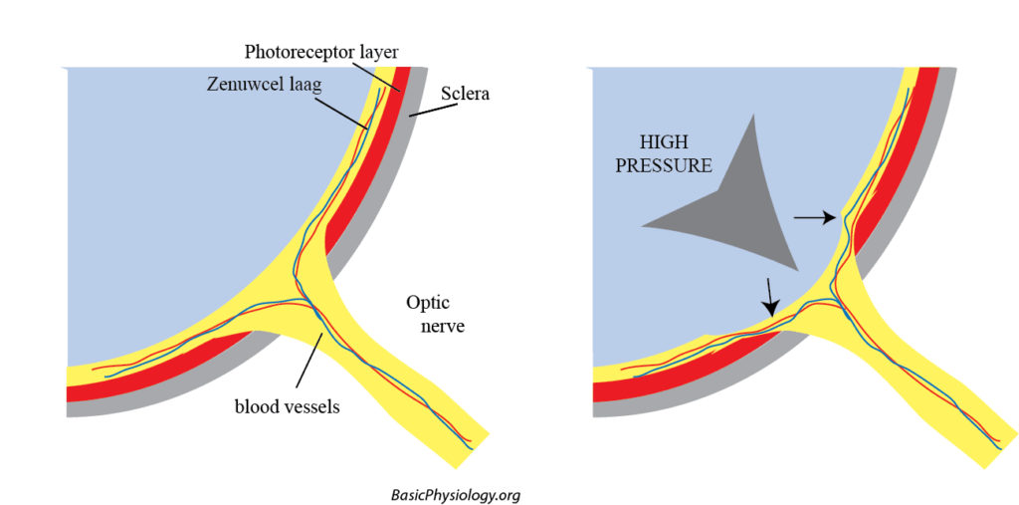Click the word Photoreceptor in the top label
[x=291, y=51]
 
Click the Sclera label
[x=466, y=95]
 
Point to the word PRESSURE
[x=664, y=166]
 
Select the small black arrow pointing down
[x=770, y=296]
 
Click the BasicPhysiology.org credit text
[x=457, y=494]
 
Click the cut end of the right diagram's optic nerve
[x=999, y=450]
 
